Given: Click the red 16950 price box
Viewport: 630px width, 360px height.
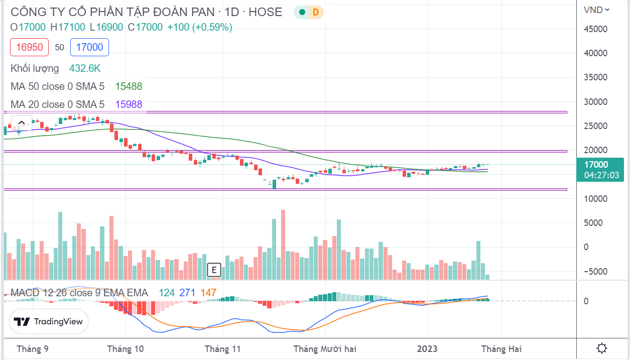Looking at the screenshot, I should tap(30, 47).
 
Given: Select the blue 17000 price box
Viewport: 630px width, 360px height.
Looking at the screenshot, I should tap(90, 47).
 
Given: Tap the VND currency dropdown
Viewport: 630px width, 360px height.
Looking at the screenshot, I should tap(596, 10).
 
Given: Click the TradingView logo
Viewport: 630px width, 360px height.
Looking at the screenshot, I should tap(49, 321).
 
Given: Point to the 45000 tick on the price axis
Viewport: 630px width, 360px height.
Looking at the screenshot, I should tap(595, 29).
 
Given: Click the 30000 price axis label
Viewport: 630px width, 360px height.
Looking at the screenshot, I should tap(595, 102).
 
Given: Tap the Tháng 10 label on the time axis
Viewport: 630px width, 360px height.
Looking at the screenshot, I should tap(125, 348).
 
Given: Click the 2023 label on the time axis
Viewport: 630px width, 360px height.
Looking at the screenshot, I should tap(427, 348).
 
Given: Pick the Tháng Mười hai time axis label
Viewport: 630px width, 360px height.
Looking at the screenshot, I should tap(325, 348).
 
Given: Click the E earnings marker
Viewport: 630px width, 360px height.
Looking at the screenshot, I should tap(214, 270).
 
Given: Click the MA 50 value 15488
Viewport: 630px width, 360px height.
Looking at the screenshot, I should tap(129, 86).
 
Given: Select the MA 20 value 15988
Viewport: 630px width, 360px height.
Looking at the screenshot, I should tap(129, 104).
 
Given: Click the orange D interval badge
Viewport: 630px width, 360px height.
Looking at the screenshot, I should tap(316, 13).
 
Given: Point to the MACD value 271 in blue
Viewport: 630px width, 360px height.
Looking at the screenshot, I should tap(187, 293).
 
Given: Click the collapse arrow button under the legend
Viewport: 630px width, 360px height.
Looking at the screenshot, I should tap(21, 123).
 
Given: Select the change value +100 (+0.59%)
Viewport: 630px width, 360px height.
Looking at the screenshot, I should tap(199, 27).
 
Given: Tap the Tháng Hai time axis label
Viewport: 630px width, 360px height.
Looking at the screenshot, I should tap(501, 348).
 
